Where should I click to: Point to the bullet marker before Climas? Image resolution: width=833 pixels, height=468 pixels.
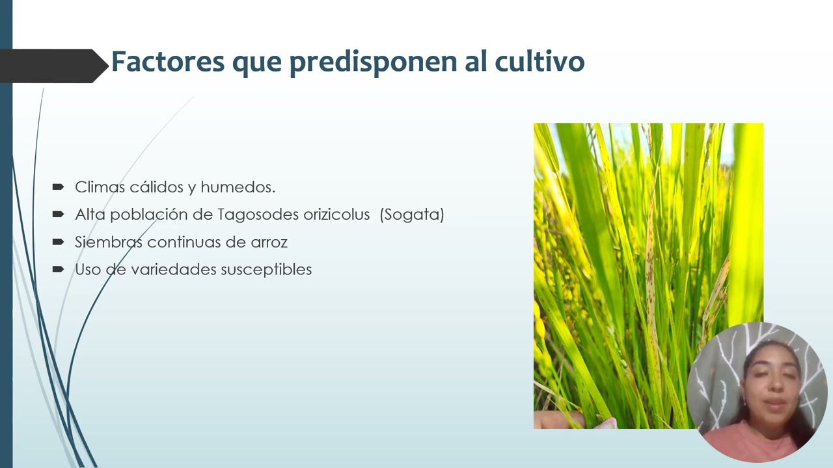[58, 187]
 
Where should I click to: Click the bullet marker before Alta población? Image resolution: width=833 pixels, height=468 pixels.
[58, 214]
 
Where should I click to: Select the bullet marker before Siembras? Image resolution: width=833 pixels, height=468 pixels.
[58, 242]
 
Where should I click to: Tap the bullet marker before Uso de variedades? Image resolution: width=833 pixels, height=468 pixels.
[58, 269]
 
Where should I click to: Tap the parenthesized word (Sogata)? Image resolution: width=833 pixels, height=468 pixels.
[412, 214]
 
